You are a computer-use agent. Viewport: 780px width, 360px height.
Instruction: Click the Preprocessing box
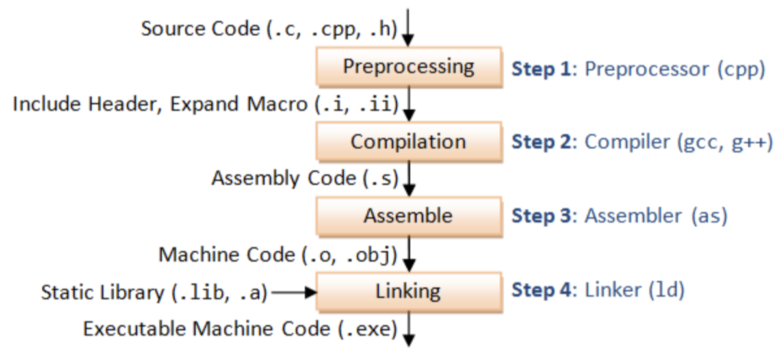click(x=409, y=67)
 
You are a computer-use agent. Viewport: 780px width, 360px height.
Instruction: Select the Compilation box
click(x=409, y=142)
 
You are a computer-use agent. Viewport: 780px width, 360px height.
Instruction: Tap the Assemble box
click(x=409, y=216)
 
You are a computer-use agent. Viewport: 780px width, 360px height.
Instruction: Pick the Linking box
click(x=409, y=292)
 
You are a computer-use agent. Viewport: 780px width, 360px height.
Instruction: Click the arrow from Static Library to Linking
click(x=294, y=292)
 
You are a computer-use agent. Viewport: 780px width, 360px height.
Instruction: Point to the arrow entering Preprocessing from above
click(x=408, y=28)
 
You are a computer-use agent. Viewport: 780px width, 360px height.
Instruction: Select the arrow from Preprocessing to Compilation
click(x=409, y=104)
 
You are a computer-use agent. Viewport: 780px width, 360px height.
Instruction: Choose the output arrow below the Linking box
click(x=409, y=329)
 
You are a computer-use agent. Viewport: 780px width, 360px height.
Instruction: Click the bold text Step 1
click(x=541, y=69)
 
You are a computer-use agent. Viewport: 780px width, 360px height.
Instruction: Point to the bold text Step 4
click(x=541, y=290)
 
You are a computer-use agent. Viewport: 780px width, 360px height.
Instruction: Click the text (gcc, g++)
click(x=725, y=142)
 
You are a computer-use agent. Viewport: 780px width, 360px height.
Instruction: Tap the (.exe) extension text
click(x=368, y=329)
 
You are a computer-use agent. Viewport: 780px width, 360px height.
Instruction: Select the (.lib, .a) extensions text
click(x=220, y=292)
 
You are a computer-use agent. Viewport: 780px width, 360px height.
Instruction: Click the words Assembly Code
click(x=284, y=179)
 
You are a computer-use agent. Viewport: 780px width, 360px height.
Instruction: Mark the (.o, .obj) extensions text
click(x=349, y=255)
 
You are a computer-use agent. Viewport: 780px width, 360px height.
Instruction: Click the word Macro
click(x=277, y=104)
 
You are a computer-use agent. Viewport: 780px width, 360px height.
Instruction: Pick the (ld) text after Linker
click(x=666, y=290)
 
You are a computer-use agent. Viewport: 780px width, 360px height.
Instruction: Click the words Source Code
click(x=201, y=28)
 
